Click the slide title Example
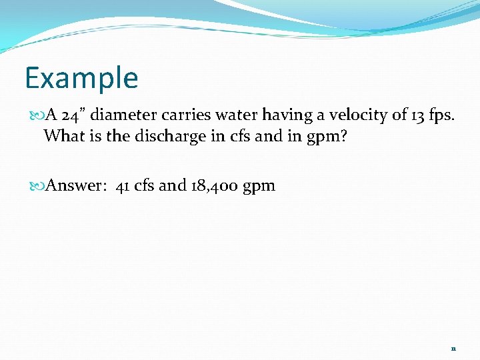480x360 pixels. (x=81, y=79)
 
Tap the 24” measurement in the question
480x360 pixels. (x=71, y=115)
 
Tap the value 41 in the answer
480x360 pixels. (x=123, y=185)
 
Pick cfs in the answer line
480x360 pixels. (x=144, y=185)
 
